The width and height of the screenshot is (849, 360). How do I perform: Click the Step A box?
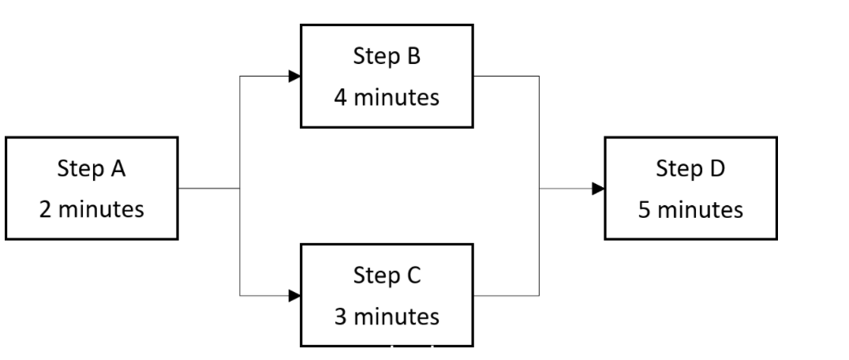(x=92, y=189)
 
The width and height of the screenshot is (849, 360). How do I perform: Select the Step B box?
(x=387, y=76)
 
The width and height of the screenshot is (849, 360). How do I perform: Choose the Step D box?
(x=690, y=188)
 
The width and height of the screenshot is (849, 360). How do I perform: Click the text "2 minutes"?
(x=92, y=210)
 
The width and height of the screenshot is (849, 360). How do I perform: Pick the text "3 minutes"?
(x=387, y=317)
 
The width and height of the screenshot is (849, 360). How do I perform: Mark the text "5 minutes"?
(x=690, y=210)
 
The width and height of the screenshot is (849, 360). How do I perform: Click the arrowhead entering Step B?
(x=294, y=77)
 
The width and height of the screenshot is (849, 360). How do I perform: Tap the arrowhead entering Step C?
(x=294, y=296)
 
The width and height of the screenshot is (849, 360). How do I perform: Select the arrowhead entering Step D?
(x=598, y=189)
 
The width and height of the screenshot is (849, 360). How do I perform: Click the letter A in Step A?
(x=118, y=168)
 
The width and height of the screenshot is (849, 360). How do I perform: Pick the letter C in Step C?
(x=413, y=276)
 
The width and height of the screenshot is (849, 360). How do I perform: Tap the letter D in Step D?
(x=717, y=168)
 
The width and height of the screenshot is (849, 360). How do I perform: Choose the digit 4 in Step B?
(x=340, y=98)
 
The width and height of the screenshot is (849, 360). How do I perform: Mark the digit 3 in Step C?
(x=340, y=317)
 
